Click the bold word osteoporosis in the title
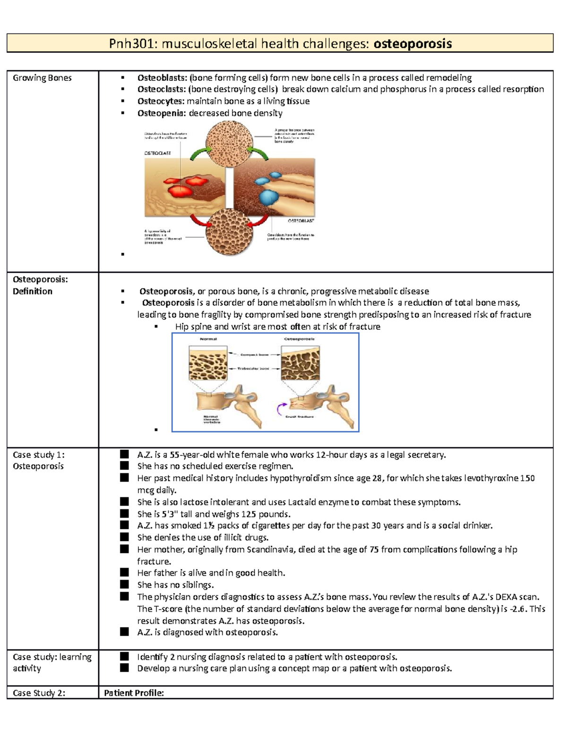tap(412, 44)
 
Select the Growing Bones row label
tap(42, 78)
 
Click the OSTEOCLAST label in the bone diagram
tap(157, 154)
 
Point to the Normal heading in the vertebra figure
tap(208, 339)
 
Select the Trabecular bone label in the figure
tap(253, 368)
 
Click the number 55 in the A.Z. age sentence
tap(174, 455)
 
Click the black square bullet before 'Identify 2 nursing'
tap(124, 656)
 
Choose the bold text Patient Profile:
tap(134, 693)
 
